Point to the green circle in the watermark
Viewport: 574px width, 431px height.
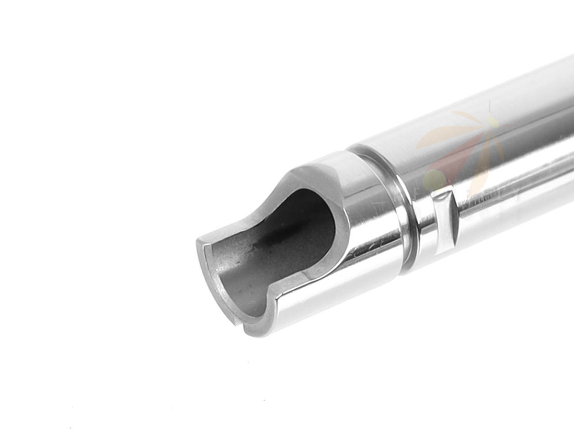[x=434, y=180]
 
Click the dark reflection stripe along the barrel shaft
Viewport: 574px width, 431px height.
[x=512, y=173]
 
